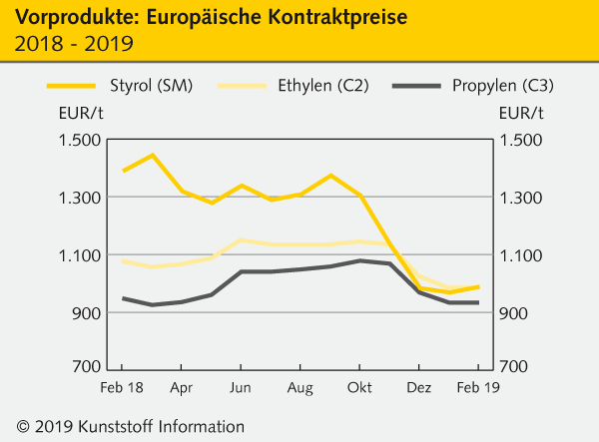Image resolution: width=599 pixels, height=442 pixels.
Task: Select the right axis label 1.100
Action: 520,255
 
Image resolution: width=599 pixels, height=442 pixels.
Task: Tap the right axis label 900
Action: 514,313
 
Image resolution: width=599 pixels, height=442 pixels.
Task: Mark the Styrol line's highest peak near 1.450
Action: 152,155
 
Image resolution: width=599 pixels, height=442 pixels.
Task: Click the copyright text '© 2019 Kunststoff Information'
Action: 125,426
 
